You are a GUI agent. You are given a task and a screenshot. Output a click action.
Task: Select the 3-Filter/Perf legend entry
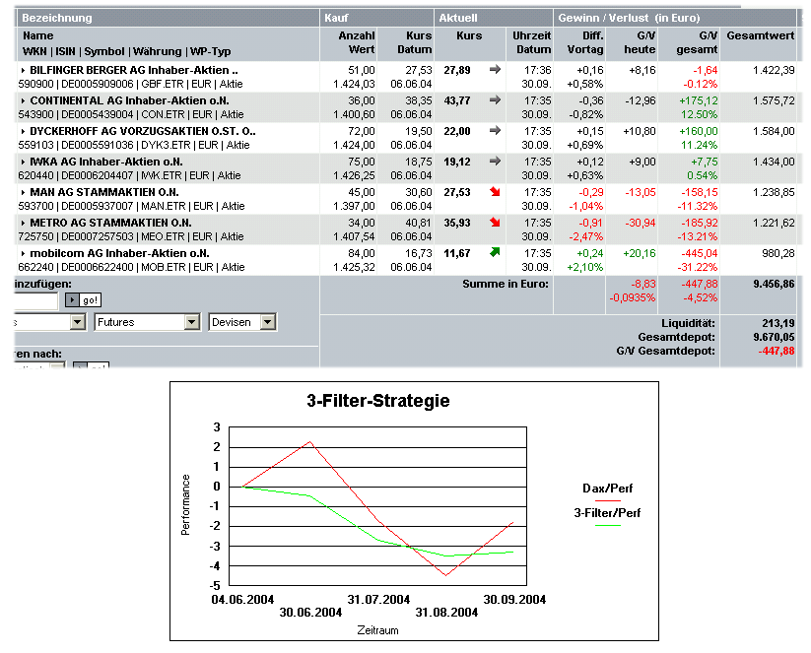pyautogui.click(x=607, y=512)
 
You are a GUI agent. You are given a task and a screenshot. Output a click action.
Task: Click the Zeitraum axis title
pyautogui.click(x=378, y=630)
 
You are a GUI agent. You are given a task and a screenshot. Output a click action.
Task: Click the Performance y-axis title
pyautogui.click(x=185, y=505)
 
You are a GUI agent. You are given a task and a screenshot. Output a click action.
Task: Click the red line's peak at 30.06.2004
pyautogui.click(x=310, y=441)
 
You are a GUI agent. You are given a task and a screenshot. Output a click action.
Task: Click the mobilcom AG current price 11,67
pyautogui.click(x=456, y=254)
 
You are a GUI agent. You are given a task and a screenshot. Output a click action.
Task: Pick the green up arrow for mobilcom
pyautogui.click(x=495, y=253)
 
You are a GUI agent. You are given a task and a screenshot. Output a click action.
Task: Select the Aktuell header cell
pyautogui.click(x=458, y=18)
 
